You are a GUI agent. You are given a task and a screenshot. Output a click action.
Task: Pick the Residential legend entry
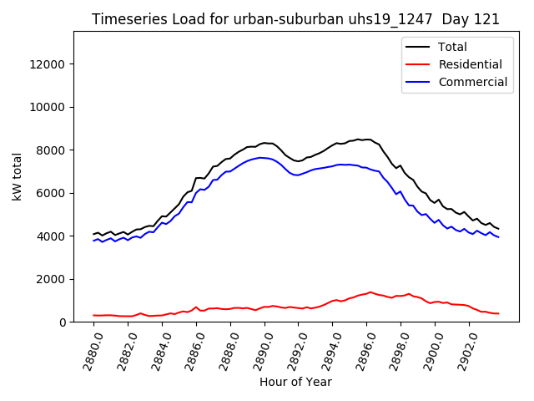pyautogui.click(x=470, y=64)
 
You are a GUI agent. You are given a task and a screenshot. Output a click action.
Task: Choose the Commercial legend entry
pyautogui.click(x=472, y=82)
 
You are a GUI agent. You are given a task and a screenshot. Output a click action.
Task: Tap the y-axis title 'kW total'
pyautogui.click(x=18, y=177)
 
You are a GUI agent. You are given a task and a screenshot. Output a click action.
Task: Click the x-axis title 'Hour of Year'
pyautogui.click(x=295, y=382)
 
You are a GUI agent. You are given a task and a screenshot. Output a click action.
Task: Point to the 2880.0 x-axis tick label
pyautogui.click(x=88, y=349)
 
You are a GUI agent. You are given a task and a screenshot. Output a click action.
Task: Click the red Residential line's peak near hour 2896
pyautogui.click(x=370, y=292)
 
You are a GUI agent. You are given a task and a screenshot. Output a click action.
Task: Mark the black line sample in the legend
pyautogui.click(x=418, y=48)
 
